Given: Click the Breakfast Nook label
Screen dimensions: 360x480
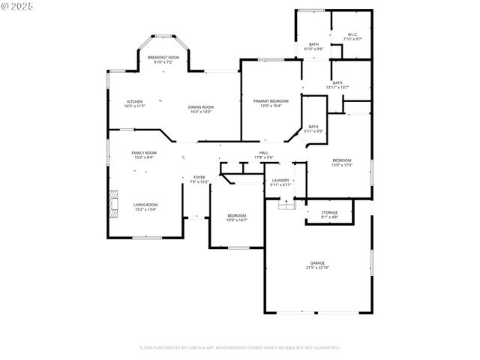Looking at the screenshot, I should (x=163, y=58).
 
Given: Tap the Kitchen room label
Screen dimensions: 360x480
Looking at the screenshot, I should (x=134, y=101).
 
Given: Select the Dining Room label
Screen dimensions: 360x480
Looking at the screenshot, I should (x=200, y=107).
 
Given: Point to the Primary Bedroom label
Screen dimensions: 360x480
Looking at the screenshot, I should (x=271, y=100).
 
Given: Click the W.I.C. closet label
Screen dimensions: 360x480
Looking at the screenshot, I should (x=352, y=34).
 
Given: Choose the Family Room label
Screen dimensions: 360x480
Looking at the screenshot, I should (x=144, y=152).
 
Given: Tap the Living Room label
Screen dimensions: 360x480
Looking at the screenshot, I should (x=145, y=205).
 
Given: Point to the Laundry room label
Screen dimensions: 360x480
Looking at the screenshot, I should (x=280, y=180).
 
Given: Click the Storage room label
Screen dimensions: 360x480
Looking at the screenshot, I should (x=329, y=213).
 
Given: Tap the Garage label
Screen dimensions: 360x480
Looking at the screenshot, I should (x=319, y=263).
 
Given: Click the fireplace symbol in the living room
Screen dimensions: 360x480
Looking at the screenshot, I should (x=113, y=203).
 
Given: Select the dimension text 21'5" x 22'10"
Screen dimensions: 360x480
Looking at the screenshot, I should (x=319, y=268).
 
